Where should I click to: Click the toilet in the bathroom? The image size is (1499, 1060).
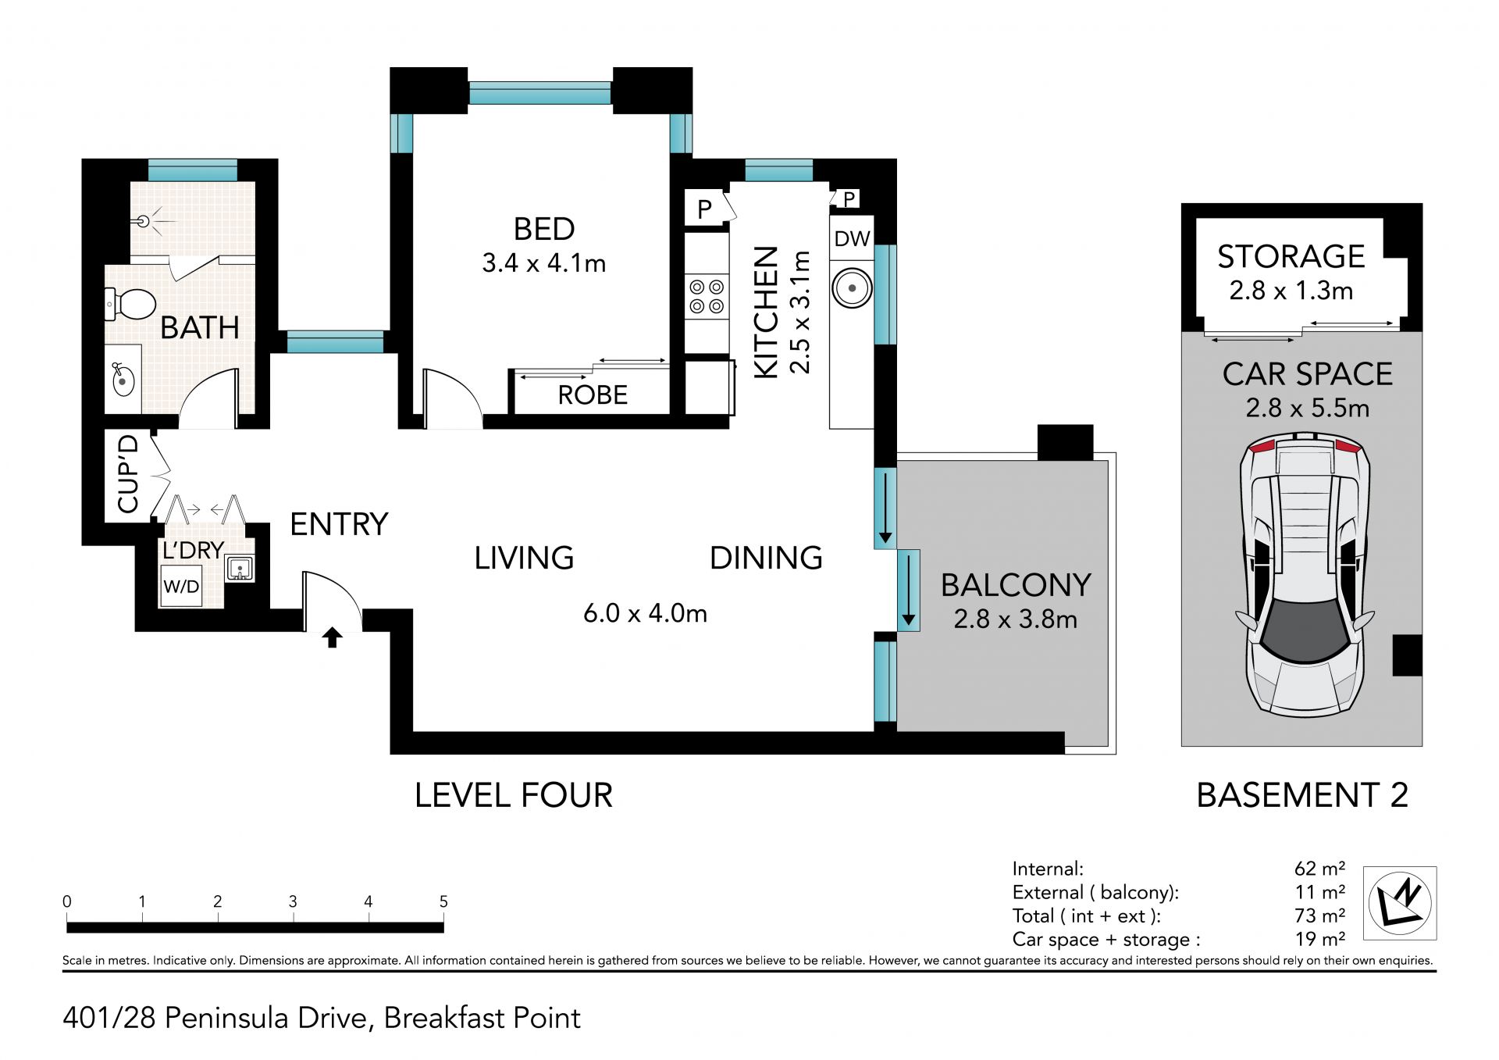(x=130, y=304)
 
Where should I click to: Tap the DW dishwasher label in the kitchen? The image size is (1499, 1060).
(x=852, y=239)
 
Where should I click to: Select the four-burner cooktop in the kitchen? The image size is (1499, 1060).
(x=707, y=297)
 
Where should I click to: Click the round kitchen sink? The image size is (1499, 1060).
(x=852, y=288)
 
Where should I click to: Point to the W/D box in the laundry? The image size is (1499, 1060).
(x=181, y=587)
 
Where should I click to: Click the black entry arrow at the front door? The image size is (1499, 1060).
(x=333, y=637)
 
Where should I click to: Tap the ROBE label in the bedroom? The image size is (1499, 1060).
(x=593, y=395)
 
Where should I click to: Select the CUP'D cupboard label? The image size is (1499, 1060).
(x=127, y=474)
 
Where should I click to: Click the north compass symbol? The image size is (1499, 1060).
(x=1400, y=903)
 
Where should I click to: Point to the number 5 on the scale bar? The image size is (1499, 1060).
(x=443, y=901)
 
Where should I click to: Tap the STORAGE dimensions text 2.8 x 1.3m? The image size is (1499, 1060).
(x=1291, y=291)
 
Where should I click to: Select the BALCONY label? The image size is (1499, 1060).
(x=1016, y=585)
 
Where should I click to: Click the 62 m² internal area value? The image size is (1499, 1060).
(x=1319, y=869)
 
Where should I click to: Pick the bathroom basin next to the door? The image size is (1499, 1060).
(x=123, y=380)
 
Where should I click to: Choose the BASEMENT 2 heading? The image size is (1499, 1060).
(x=1302, y=795)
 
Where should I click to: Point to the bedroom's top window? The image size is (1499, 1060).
(x=540, y=94)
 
